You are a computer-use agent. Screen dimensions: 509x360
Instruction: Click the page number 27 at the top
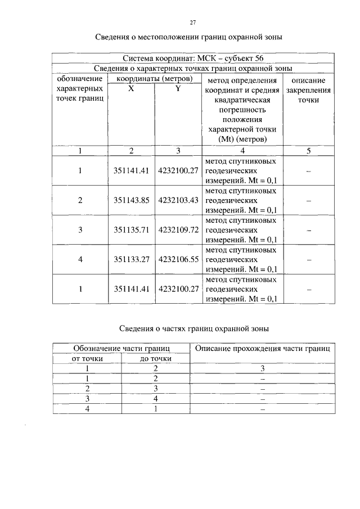(x=192, y=22)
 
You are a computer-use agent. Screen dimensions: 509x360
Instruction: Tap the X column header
(x=130, y=89)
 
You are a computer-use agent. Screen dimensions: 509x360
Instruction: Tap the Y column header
(x=178, y=89)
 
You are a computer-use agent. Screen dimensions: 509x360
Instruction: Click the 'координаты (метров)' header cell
(x=154, y=78)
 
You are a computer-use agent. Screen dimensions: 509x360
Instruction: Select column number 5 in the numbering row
(x=308, y=150)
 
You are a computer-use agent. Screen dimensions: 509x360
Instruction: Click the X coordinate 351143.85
(x=130, y=200)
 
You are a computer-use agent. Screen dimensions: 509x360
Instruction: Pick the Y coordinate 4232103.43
(x=179, y=200)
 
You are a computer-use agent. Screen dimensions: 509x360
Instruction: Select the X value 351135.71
(x=130, y=230)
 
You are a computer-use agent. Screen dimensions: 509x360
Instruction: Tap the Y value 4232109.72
(x=179, y=230)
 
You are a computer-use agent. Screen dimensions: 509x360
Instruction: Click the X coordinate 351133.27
(x=130, y=259)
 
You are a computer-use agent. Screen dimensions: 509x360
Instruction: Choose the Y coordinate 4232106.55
(x=179, y=259)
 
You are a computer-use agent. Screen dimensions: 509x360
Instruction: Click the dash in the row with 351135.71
(x=308, y=230)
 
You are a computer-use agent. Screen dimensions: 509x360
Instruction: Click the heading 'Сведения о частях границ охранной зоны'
(x=192, y=328)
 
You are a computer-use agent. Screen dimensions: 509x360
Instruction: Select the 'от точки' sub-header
(x=87, y=359)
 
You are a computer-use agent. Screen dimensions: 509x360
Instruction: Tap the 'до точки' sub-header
(x=156, y=359)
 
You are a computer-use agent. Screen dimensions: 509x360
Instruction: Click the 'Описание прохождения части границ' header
(x=262, y=349)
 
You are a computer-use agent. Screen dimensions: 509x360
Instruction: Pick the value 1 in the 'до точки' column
(x=156, y=409)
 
